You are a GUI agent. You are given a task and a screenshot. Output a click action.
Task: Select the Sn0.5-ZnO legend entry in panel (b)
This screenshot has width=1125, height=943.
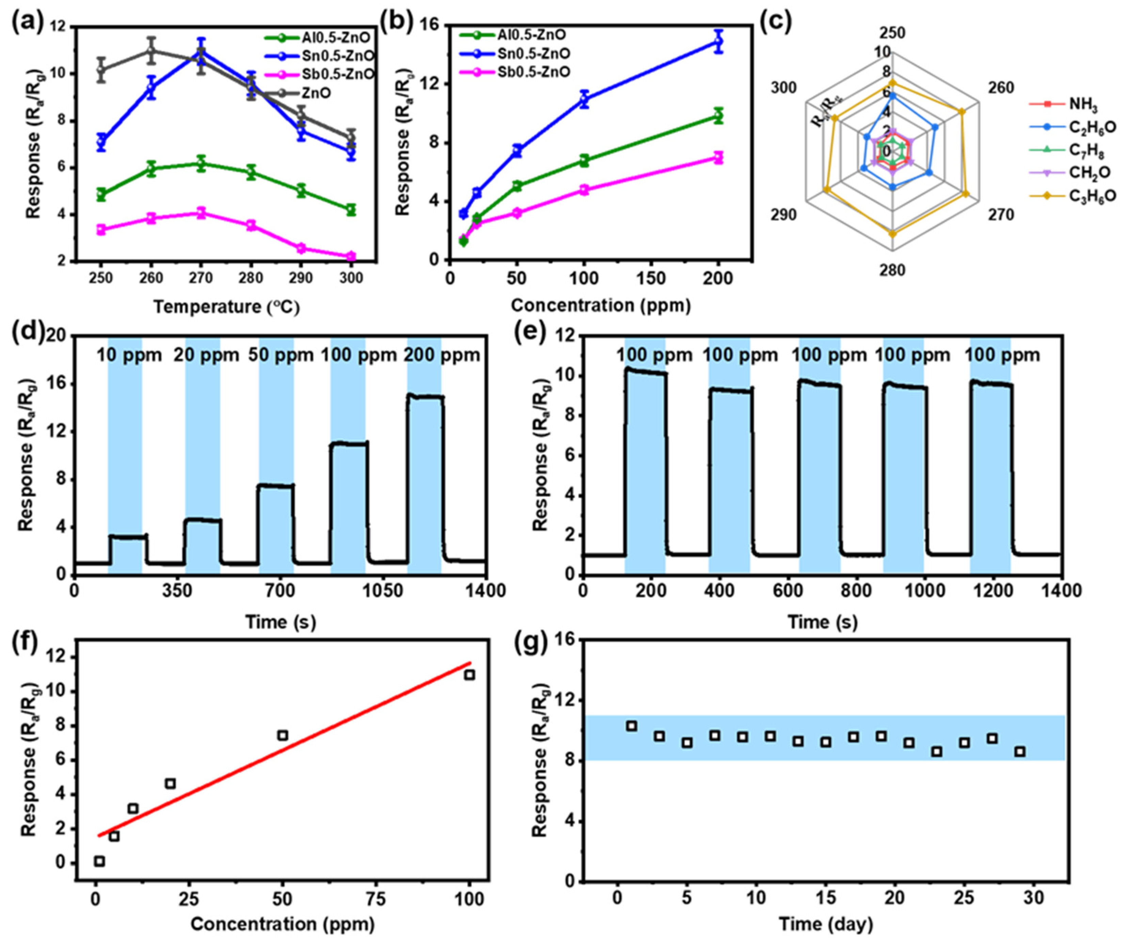pyautogui.click(x=536, y=54)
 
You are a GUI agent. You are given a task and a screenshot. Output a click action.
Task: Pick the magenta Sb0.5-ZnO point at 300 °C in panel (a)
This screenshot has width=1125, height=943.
pyautogui.click(x=351, y=256)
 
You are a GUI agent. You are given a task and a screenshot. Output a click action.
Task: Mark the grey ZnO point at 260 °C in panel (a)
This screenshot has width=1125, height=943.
pyautogui.click(x=152, y=51)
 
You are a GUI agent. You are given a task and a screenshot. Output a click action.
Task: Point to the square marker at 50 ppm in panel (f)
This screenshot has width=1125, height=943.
pyautogui.click(x=283, y=735)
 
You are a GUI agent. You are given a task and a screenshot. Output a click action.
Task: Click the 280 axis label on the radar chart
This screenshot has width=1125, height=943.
pyautogui.click(x=892, y=270)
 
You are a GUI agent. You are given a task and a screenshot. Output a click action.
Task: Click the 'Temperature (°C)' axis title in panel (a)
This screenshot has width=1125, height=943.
pyautogui.click(x=226, y=307)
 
